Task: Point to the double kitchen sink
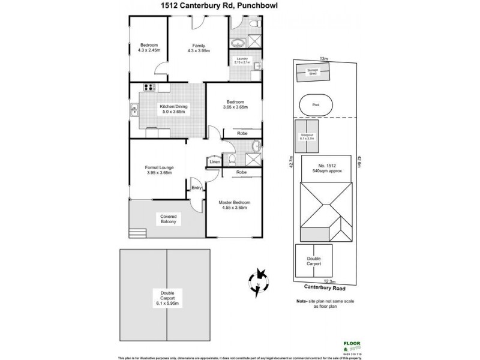[x=134, y=109]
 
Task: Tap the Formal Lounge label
[x=159, y=170]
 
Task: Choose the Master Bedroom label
[x=234, y=206]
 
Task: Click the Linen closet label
[x=213, y=161]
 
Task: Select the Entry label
[x=196, y=188]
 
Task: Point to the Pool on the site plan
[x=316, y=104]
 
